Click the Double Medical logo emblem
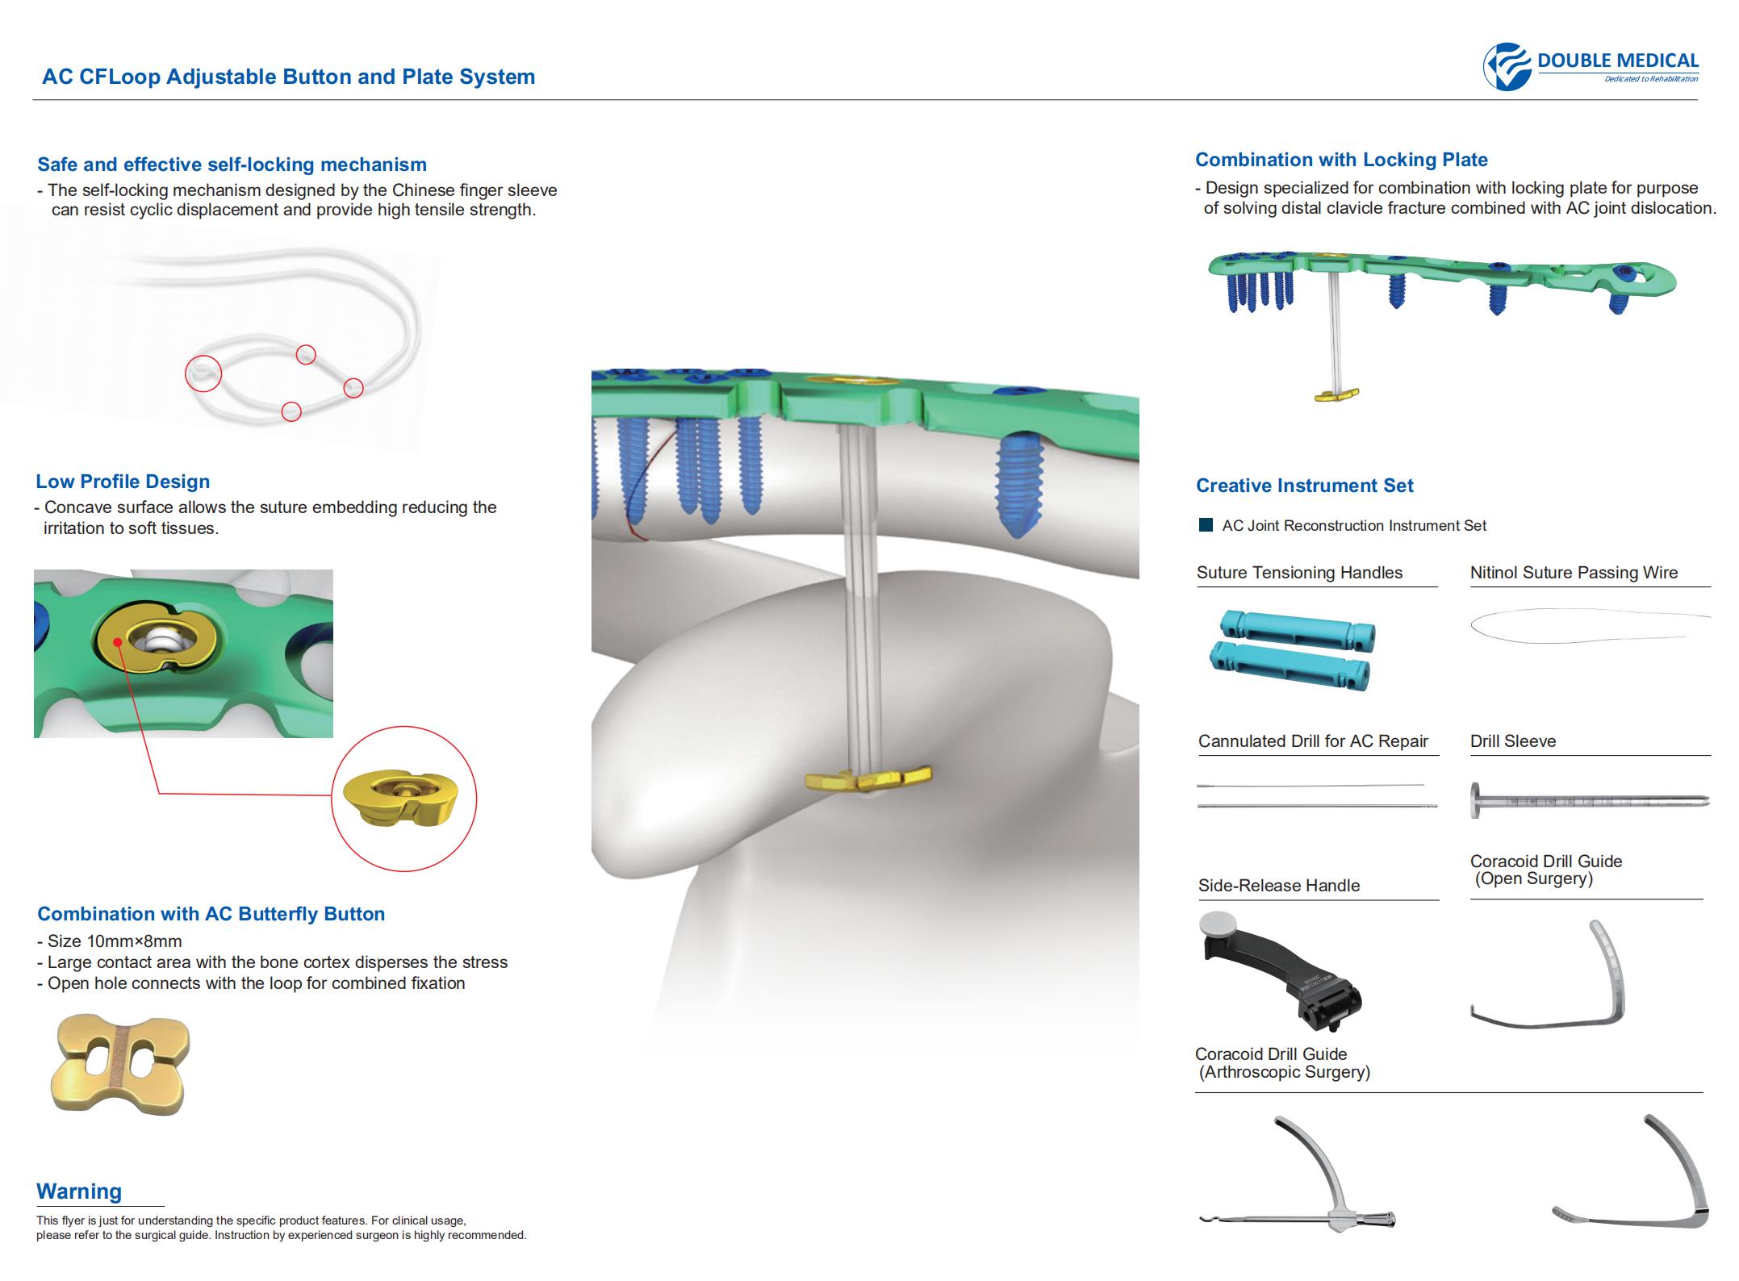[1507, 66]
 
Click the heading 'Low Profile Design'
[123, 482]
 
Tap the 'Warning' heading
[79, 1191]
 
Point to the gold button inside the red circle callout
[400, 798]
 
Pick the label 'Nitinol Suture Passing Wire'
[1574, 573]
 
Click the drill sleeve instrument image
[1588, 801]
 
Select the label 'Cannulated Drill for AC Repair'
[1313, 741]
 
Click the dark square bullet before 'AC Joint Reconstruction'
[1206, 525]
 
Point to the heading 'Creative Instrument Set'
[1305, 486]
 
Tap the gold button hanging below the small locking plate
[1337, 395]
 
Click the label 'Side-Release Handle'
[1279, 886]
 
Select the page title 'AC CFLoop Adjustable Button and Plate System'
[289, 77]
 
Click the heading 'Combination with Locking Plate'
[1341, 160]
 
